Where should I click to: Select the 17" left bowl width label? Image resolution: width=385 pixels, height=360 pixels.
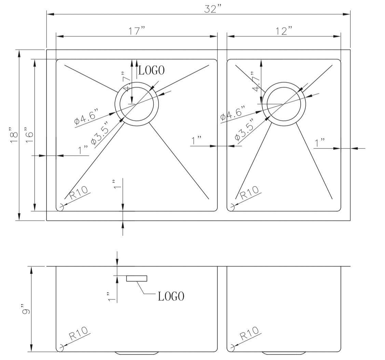coord(137,31)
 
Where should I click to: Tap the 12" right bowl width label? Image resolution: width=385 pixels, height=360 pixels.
coord(284,31)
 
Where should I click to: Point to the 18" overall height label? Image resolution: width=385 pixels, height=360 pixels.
coord(13,135)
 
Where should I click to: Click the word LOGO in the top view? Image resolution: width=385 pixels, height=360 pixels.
coord(151,70)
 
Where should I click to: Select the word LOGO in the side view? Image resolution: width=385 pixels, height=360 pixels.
coord(171,296)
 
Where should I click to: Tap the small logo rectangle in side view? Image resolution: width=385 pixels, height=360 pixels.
coord(137,278)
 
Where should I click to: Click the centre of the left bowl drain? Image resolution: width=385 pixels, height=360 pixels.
coord(137,104)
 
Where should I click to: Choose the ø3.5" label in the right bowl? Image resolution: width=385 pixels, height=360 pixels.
coord(244,130)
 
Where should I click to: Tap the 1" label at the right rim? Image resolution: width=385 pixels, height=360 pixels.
coord(320,143)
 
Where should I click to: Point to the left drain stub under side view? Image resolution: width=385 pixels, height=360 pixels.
coord(137,353)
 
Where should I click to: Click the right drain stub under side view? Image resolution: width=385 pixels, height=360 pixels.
coord(284,353)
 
